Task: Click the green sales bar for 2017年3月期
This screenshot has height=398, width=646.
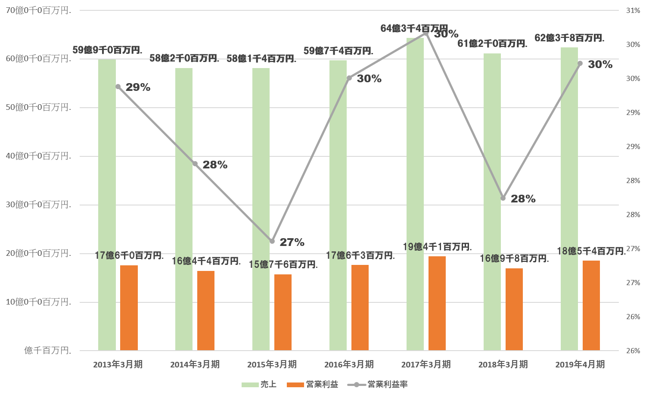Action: (415, 194)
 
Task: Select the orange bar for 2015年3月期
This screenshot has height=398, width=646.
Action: (283, 312)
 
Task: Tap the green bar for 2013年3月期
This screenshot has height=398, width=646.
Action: (107, 205)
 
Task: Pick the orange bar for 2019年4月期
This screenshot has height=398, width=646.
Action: (591, 305)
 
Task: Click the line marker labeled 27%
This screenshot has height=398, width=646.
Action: (272, 241)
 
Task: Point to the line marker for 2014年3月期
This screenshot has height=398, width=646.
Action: (195, 164)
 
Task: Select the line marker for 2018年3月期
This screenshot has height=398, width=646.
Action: (503, 198)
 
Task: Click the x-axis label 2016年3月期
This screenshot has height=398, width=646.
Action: (349, 364)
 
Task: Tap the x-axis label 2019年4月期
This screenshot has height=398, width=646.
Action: (580, 364)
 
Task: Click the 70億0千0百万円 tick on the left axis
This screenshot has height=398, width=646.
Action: (38, 10)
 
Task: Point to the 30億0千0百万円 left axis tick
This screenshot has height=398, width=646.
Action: (38, 205)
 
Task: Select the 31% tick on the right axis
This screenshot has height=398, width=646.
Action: (633, 10)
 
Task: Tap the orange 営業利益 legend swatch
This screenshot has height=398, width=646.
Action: (295, 384)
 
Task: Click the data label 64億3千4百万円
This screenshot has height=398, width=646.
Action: (414, 28)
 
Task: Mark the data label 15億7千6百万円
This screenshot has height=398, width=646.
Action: (283, 264)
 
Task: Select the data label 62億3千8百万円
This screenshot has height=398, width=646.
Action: (569, 38)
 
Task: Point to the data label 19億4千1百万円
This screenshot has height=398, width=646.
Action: (437, 247)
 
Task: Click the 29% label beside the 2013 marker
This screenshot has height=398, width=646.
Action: (138, 87)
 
